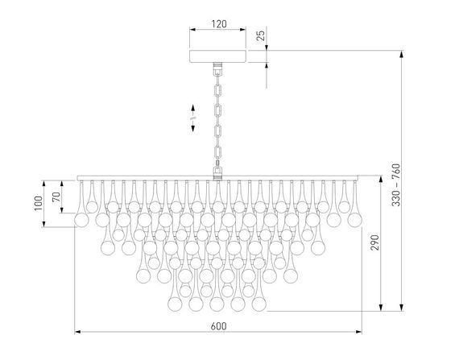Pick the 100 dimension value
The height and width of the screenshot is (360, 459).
[x=38, y=204]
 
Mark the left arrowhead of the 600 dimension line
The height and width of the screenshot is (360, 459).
[x=76, y=332]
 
